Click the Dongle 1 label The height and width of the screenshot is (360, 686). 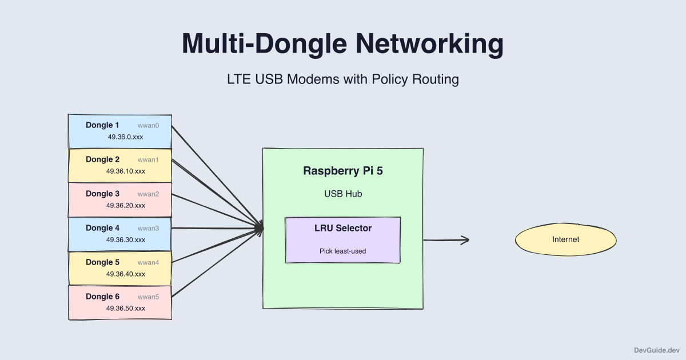pyautogui.click(x=102, y=125)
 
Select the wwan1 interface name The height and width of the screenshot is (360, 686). pyautogui.click(x=148, y=159)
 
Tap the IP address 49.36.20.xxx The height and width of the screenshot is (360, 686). pyautogui.click(x=125, y=206)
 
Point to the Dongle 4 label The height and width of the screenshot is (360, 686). pyautogui.click(x=102, y=228)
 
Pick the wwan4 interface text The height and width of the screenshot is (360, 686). pyautogui.click(x=148, y=262)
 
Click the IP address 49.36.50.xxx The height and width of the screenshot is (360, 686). pyautogui.click(x=125, y=309)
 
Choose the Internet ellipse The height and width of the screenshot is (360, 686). pyautogui.click(x=565, y=239)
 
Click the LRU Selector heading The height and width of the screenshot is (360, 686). pyautogui.click(x=343, y=228)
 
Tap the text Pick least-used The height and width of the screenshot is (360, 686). pyautogui.click(x=343, y=251)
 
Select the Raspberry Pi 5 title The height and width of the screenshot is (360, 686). pyautogui.click(x=343, y=171)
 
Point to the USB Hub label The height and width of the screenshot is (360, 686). pyautogui.click(x=343, y=194)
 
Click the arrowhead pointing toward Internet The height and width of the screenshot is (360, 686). pyautogui.click(x=465, y=240)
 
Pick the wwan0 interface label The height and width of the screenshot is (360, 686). pyautogui.click(x=148, y=125)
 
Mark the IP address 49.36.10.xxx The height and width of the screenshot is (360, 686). pyautogui.click(x=125, y=171)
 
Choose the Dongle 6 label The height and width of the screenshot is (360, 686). pyautogui.click(x=102, y=297)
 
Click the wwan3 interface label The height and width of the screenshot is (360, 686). pyautogui.click(x=148, y=228)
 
